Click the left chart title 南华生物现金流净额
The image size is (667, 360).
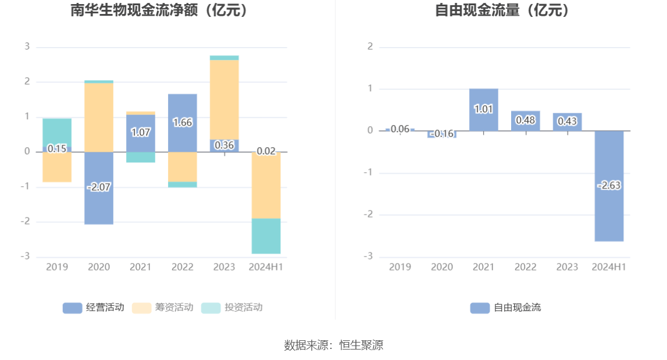pyautogui.click(x=159, y=10)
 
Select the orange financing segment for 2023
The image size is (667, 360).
pyautogui.click(x=224, y=99)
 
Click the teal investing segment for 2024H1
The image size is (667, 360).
pyautogui.click(x=266, y=236)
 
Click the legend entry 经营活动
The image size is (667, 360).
pyautogui.click(x=94, y=308)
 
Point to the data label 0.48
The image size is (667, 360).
pyautogui.click(x=525, y=121)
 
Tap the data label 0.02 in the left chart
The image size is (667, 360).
pyautogui.click(x=266, y=151)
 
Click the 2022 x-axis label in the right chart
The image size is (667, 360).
pyautogui.click(x=525, y=267)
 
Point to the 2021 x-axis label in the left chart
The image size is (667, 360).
pyautogui.click(x=140, y=267)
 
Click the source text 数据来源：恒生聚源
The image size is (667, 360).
pyautogui.click(x=333, y=345)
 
